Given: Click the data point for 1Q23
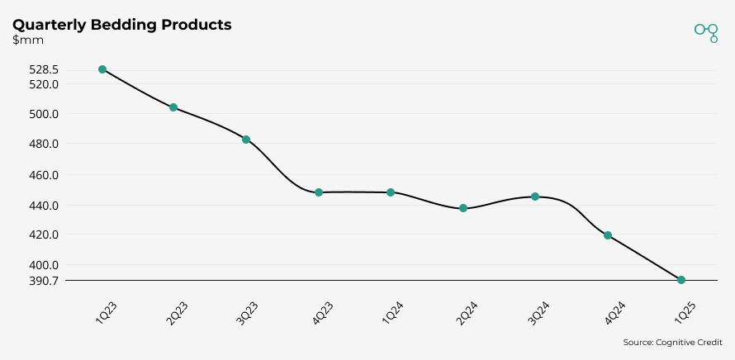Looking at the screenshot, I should pos(102,69).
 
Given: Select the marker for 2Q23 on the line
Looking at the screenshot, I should pos(173,107).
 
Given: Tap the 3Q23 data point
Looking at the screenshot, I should pos(246,140).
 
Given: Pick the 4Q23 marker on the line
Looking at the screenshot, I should pos(319,192).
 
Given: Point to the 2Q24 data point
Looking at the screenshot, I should pos(463,208).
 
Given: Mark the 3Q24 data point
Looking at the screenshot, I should pos(535,197).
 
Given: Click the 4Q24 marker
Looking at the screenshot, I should pos(608,235).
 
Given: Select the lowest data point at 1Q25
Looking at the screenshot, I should pos(681,280).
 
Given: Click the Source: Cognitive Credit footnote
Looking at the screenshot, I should pos(672,342).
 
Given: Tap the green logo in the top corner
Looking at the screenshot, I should pos(706,31).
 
